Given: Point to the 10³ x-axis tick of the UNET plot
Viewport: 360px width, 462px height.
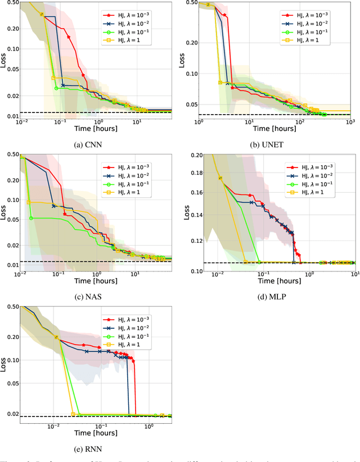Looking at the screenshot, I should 350,122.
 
